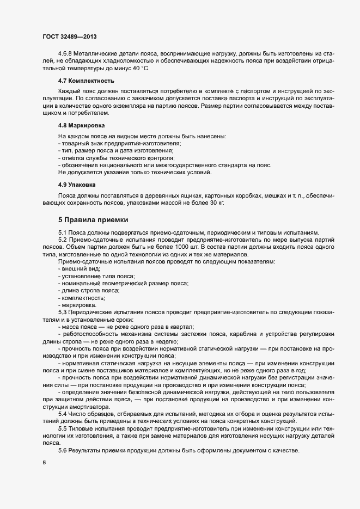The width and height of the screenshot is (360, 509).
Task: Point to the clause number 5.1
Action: [63, 232]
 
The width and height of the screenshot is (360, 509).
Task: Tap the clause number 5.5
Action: [63, 430]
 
